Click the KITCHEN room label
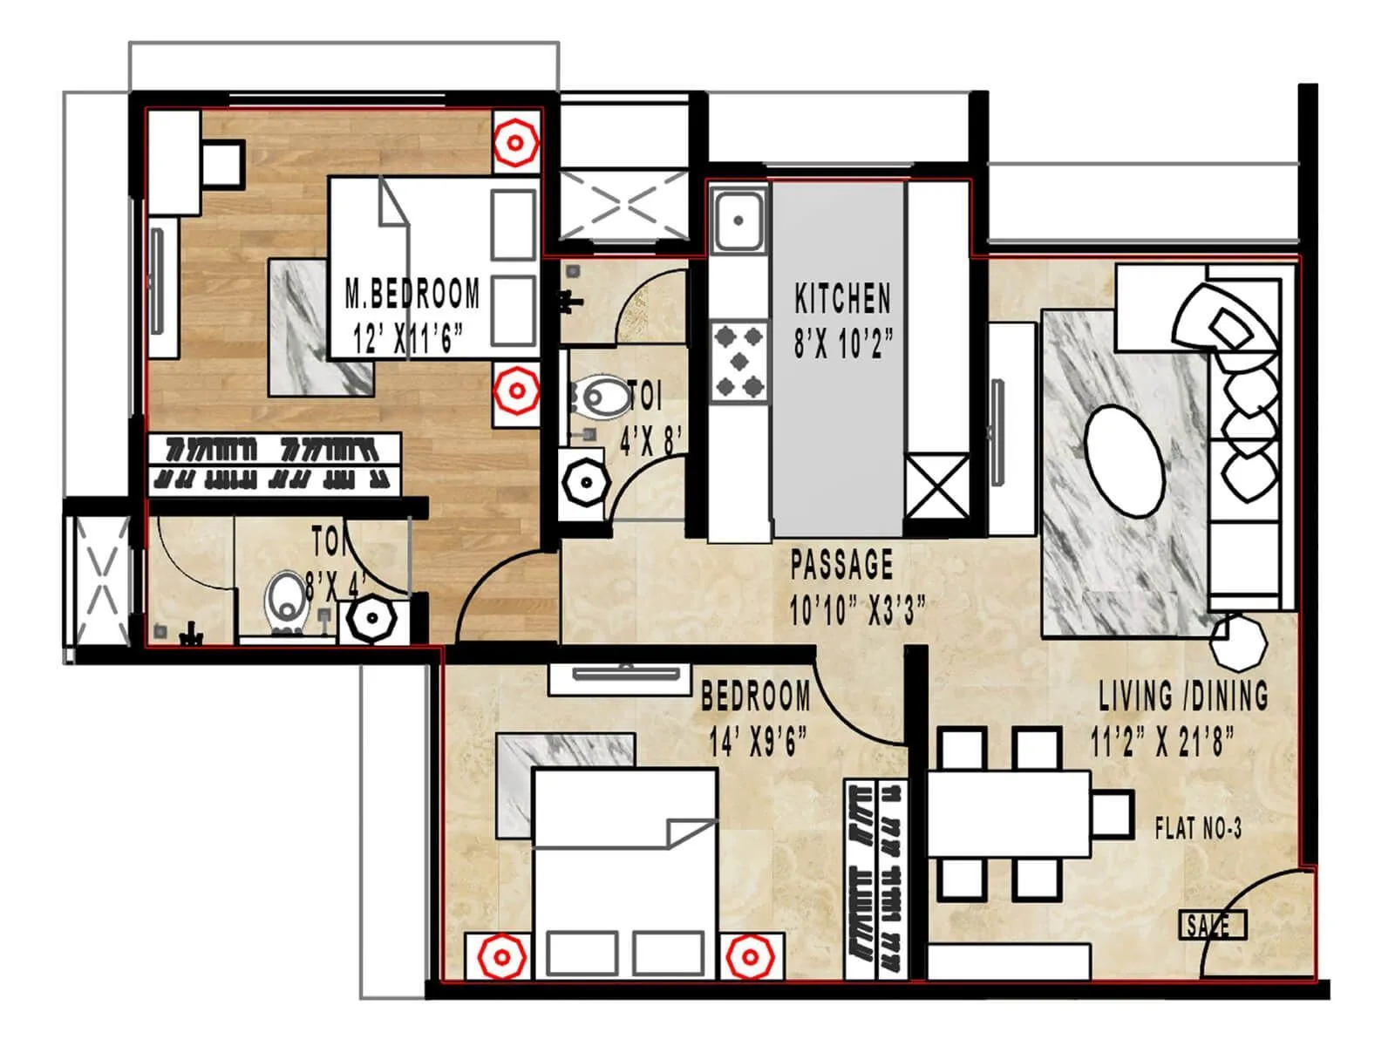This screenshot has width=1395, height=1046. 842,299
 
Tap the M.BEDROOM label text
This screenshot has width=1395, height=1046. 412,294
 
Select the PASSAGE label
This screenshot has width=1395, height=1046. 841,564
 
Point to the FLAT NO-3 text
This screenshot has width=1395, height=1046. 1198,828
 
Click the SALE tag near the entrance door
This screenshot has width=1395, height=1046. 1212,925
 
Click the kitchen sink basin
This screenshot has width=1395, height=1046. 738,220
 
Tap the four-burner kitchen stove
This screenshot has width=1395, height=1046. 738,362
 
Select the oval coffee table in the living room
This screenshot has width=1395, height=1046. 1125,462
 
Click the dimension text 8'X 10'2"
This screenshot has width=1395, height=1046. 843,343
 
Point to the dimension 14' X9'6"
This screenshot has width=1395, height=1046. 757,742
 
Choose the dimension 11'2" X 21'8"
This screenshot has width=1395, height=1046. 1162,742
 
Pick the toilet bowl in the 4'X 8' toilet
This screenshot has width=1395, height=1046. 602,397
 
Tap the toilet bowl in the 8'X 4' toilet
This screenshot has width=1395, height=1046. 286,600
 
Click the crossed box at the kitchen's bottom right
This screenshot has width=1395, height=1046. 936,486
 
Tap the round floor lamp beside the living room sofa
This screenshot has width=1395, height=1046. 1238,641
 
